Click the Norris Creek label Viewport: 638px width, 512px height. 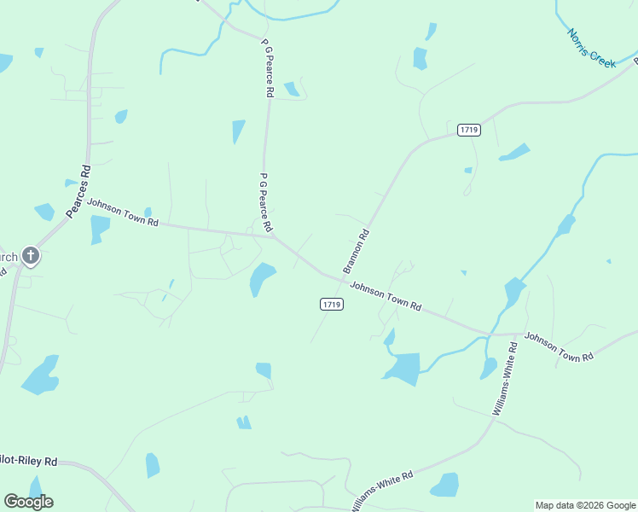point(592,48)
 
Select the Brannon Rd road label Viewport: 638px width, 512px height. point(357,251)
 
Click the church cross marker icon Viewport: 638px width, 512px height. point(31,255)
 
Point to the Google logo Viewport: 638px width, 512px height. point(29,502)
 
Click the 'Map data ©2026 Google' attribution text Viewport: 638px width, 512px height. point(585,505)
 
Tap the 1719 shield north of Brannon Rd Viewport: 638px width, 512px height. point(468,130)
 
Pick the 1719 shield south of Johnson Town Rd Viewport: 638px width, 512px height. point(332,305)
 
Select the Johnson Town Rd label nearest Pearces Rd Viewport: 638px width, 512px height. point(123,212)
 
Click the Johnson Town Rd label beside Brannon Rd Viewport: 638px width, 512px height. point(386,298)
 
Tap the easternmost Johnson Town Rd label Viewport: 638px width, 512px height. point(559,347)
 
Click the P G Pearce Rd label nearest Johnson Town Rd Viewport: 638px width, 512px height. point(265,202)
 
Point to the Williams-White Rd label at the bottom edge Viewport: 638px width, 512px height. point(382,486)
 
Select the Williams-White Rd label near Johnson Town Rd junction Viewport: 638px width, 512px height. point(505,379)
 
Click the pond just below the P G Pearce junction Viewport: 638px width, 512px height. point(261,278)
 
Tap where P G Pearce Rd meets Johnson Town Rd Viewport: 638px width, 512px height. point(273,236)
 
